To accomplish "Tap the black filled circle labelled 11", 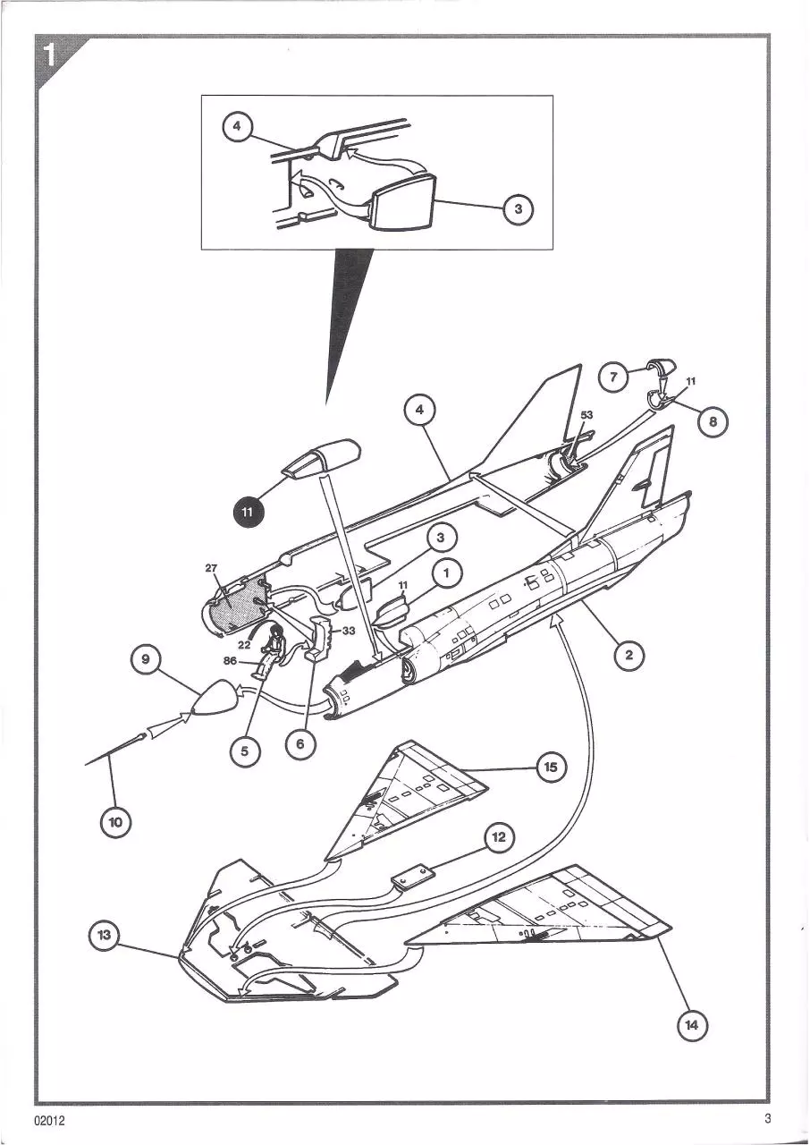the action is [247, 512].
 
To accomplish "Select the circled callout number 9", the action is [146, 659].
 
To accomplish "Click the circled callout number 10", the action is [116, 821].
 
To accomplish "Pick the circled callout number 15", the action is [551, 767].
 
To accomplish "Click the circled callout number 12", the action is [499, 836].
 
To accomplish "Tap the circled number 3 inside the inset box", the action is [519, 209].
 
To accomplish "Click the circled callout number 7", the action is [613, 377].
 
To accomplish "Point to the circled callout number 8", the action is [713, 420].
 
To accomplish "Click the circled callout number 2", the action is [629, 655].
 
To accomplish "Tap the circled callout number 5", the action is [244, 751].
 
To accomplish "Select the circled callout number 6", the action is [300, 743].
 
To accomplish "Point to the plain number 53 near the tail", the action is [586, 415].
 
